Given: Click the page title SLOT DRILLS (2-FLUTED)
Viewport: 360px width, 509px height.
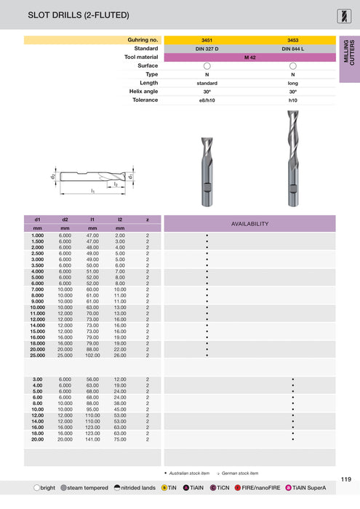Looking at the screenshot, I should pyautogui.click(x=68, y=14).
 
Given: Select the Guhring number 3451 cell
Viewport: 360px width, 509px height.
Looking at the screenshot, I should pyautogui.click(x=207, y=39).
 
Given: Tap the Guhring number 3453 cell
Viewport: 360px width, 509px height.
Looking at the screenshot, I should pyautogui.click(x=292, y=39).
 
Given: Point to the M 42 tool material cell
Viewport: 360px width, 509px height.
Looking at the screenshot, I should pyautogui.click(x=249, y=57).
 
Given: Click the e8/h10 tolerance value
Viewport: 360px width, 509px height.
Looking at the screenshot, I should pyautogui.click(x=207, y=100).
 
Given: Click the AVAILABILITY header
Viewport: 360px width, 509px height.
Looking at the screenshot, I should pyautogui.click(x=249, y=223).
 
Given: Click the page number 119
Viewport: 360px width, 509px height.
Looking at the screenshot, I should pyautogui.click(x=345, y=478).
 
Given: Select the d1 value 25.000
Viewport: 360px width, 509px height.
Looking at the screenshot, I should pyautogui.click(x=37, y=356).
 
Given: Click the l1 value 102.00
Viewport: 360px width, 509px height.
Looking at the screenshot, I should pyautogui.click(x=92, y=356).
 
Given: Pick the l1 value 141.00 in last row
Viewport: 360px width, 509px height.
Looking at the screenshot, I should pyautogui.click(x=92, y=439).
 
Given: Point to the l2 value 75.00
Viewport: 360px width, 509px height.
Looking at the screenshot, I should pyautogui.click(x=120, y=439).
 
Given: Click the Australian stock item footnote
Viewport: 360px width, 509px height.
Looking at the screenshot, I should pyautogui.click(x=189, y=473).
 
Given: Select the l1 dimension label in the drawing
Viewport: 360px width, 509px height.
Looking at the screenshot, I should pyautogui.click(x=92, y=191).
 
